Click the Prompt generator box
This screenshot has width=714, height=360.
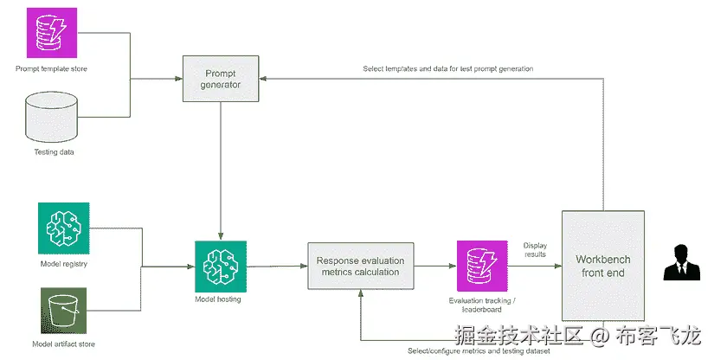pyautogui.click(x=221, y=79)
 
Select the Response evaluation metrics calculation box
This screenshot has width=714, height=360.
pyautogui.click(x=361, y=267)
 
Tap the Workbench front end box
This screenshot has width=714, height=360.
pyautogui.click(x=603, y=267)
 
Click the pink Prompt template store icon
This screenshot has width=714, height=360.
pyautogui.click(x=50, y=33)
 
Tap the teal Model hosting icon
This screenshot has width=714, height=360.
pyautogui.click(x=221, y=267)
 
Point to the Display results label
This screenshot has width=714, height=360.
pyautogui.click(x=535, y=250)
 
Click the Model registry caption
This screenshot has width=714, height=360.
pyautogui.click(x=63, y=263)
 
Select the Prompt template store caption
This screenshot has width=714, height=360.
pyautogui.click(x=51, y=67)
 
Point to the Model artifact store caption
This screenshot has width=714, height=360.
pyautogui.click(x=63, y=344)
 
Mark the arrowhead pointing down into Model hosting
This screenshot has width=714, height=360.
pyautogui.click(x=221, y=236)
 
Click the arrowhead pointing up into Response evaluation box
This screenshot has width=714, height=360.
pyautogui.click(x=361, y=296)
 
